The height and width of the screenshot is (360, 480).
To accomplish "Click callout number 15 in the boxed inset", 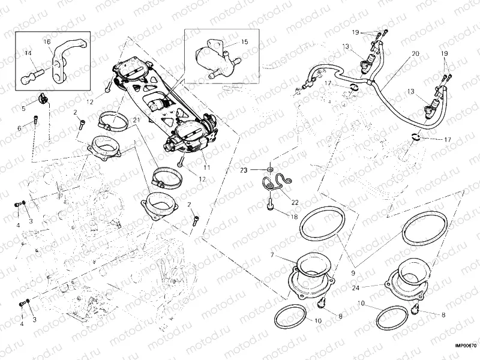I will click(244, 42).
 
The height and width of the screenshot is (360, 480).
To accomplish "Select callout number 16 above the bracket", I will click(47, 41).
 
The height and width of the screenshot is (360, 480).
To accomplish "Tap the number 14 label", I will click(28, 53).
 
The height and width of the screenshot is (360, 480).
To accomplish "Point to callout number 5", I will click(24, 109).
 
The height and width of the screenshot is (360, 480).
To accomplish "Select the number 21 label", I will click(136, 121).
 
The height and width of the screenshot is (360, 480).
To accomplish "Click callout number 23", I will click(260, 170).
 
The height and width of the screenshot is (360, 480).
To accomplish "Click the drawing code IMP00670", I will click(464, 346).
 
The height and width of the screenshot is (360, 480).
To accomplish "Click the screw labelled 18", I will click(271, 208).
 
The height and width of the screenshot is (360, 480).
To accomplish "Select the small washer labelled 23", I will click(271, 171).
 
